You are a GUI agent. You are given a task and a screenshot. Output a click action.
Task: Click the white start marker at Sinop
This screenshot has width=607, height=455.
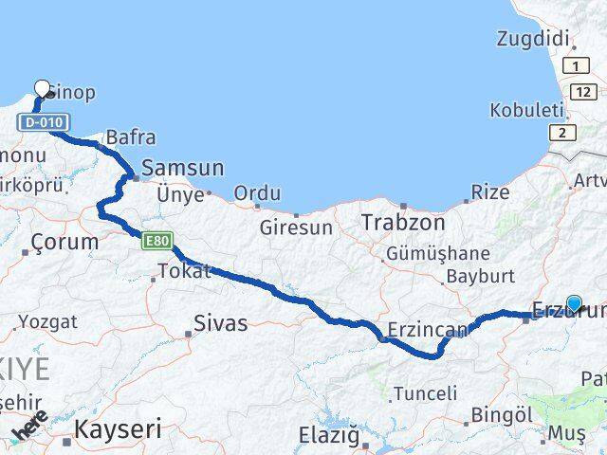tap(42, 90)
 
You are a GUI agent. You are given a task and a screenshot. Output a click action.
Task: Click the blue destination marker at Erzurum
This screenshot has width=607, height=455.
tap(574, 303)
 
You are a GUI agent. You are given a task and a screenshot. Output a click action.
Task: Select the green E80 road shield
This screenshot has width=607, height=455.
tap(156, 244)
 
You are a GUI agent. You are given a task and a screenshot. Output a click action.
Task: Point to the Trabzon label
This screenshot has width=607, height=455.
tap(403, 223)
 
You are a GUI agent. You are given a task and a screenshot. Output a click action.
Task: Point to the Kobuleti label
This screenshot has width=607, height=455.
tap(526, 110)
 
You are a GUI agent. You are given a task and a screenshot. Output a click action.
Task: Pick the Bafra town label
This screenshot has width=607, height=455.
tap(131, 137)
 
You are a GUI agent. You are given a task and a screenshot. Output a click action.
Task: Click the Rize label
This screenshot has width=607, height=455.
tap(490, 192)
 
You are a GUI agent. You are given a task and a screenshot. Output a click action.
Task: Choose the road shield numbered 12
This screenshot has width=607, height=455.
tap(583, 90)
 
